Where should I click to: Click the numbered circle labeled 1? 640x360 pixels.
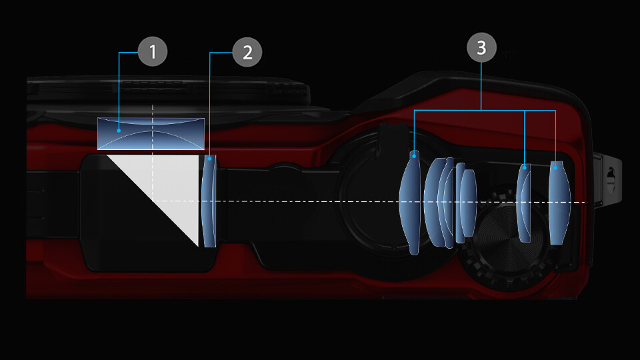pyautogui.click(x=153, y=51)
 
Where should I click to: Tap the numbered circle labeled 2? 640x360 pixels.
pyautogui.click(x=247, y=52)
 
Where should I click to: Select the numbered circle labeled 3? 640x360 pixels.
pyautogui.click(x=481, y=48)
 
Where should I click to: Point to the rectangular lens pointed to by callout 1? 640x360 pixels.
pyautogui.click(x=151, y=133)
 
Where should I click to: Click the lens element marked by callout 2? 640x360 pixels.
pyautogui.click(x=209, y=201)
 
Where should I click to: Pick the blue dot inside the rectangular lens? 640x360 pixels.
pyautogui.click(x=119, y=131)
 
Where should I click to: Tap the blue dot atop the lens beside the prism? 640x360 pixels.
pyautogui.click(x=210, y=159)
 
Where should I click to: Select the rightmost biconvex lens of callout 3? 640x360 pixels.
pyautogui.click(x=559, y=203)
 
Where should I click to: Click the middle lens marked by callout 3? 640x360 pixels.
pyautogui.click(x=524, y=203)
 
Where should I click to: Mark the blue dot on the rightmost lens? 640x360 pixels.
pyautogui.click(x=555, y=167)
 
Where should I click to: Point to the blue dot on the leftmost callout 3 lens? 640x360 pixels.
pyautogui.click(x=414, y=156)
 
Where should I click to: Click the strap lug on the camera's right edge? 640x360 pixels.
pyautogui.click(x=608, y=179)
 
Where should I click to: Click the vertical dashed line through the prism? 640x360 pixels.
pyautogui.click(x=153, y=153)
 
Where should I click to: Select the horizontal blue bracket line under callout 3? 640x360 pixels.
pyautogui.click(x=485, y=110)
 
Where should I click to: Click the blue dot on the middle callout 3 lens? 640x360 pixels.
pyautogui.click(x=525, y=167)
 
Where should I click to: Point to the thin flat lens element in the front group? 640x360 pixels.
pyautogui.click(x=460, y=203)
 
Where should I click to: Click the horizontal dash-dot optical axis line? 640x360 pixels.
pyautogui.click(x=369, y=201)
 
